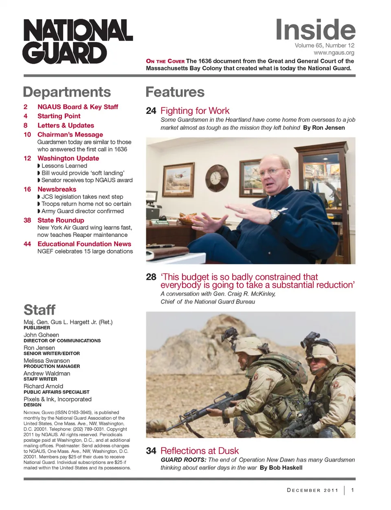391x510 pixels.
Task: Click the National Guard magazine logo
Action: click(77, 42)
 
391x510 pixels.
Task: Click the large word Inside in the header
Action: click(315, 29)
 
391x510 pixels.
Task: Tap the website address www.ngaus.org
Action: click(334, 53)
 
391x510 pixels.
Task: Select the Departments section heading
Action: click(67, 92)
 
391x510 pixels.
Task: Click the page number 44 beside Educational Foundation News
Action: click(27, 244)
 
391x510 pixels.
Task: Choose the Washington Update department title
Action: click(68, 158)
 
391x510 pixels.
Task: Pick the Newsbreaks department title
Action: click(57, 189)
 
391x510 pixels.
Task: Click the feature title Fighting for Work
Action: click(195, 111)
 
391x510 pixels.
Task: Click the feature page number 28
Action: click(151, 277)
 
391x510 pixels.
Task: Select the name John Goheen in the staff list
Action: click(41, 335)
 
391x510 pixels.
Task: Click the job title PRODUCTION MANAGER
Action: click(52, 366)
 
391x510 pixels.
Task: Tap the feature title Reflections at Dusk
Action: click(200, 451)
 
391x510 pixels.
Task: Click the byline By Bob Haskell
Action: click(281, 468)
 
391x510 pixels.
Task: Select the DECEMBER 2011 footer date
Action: click(313, 490)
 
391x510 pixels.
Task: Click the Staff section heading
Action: click(40, 310)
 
